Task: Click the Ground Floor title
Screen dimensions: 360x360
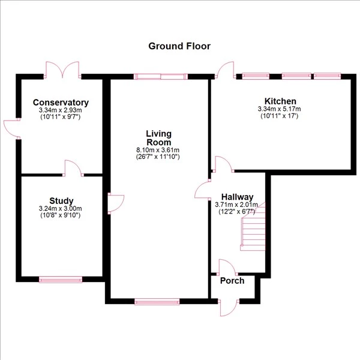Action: [179, 46]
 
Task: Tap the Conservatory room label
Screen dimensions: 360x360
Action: [61, 103]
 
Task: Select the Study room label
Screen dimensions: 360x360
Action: [61, 200]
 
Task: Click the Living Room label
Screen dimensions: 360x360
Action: [158, 137]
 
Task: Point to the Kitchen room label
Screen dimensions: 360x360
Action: [280, 101]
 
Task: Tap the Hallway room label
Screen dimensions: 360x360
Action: [237, 197]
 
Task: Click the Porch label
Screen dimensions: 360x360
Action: [232, 281]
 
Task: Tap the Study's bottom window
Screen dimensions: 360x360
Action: [60, 279]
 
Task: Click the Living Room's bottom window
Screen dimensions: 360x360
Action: [157, 302]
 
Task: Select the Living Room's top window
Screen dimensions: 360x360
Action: [160, 76]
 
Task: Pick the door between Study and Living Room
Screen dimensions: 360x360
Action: [114, 203]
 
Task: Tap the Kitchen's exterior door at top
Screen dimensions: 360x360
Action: [226, 71]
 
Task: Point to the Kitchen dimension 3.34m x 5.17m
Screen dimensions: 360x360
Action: [280, 109]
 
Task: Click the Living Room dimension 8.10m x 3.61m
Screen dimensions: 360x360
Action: [158, 150]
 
